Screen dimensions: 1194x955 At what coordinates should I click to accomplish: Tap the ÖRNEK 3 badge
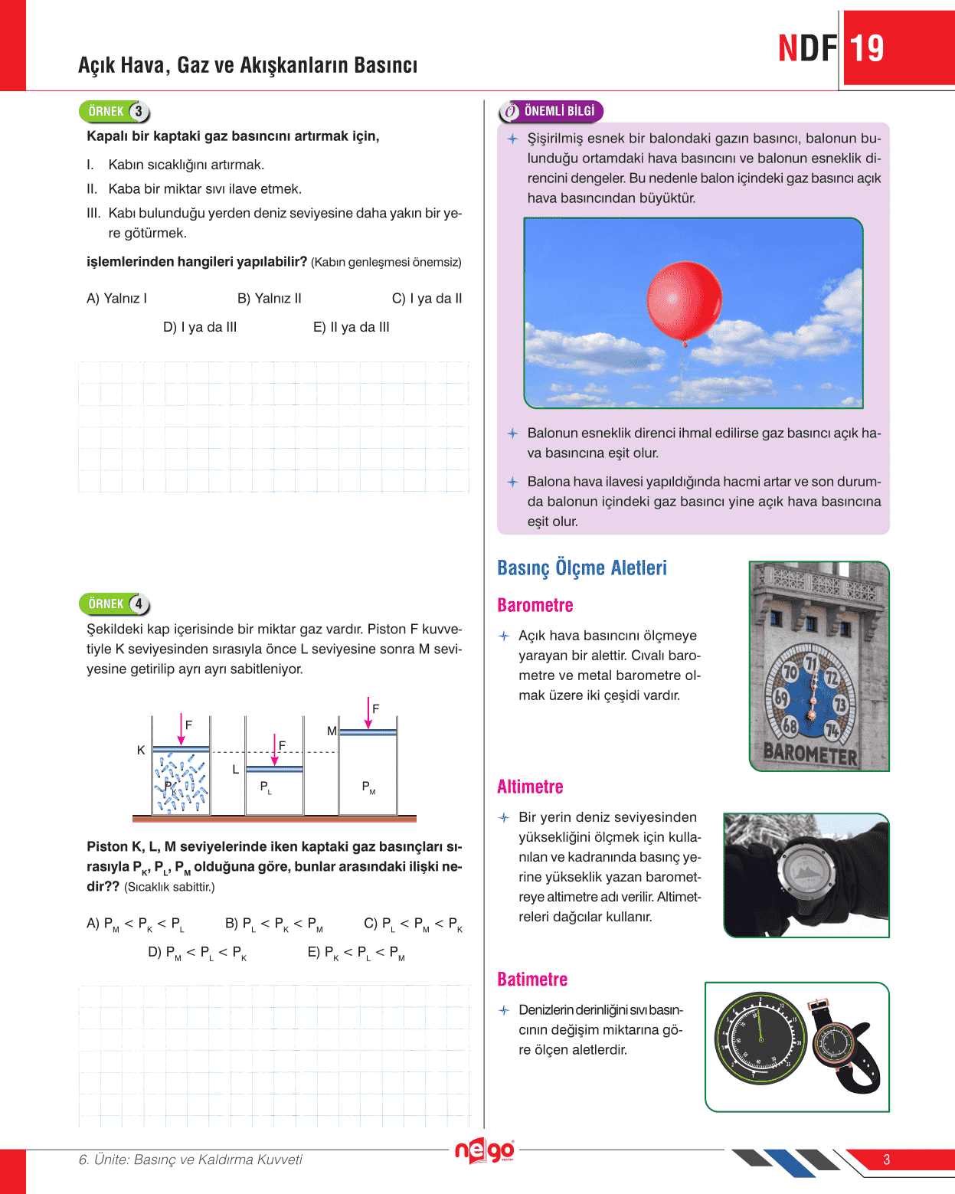114,112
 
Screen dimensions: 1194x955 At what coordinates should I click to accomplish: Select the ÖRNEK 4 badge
114,604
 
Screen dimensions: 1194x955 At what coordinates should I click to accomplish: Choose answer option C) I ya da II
427,299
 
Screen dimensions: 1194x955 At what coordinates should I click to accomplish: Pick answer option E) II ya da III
351,327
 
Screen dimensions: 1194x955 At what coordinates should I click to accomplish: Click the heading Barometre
535,606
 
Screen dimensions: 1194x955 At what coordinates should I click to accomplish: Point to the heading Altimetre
530,787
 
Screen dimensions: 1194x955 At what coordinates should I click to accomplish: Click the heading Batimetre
532,980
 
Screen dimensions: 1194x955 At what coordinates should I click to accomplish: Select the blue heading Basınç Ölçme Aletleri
582,568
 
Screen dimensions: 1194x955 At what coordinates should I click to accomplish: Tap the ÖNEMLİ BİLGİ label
558,111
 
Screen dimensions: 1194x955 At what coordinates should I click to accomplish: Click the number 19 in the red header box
866,49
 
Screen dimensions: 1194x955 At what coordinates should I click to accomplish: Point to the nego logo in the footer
484,1151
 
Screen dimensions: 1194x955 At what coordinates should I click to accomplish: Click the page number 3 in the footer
886,1160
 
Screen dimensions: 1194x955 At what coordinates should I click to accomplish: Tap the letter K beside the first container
141,751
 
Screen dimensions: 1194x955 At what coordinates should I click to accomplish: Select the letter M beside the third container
332,731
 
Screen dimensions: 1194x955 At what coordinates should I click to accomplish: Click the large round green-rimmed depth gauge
760,1039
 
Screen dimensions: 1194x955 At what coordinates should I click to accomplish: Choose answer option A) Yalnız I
116,299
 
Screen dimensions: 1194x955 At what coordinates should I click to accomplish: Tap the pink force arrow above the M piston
368,713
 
